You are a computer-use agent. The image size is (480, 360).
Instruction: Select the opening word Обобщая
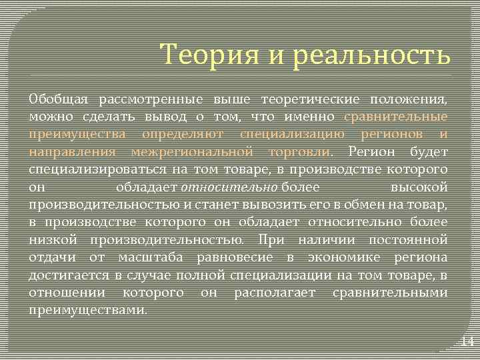tap(59, 100)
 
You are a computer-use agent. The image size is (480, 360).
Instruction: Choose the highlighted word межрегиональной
tap(192, 152)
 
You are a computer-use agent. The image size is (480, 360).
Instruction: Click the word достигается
tap(61, 274)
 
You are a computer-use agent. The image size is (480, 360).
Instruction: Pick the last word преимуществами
tap(89, 309)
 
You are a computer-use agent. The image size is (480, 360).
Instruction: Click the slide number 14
tap(467, 342)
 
